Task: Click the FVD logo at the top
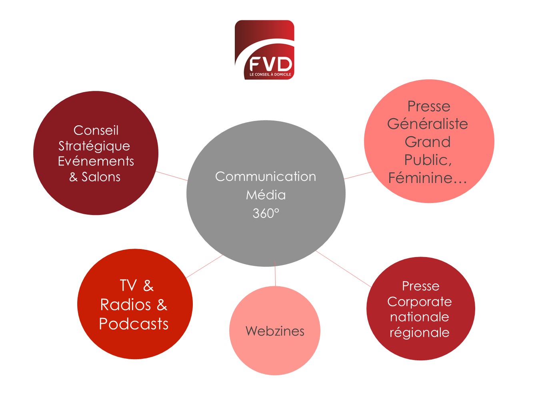264,50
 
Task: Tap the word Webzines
275,331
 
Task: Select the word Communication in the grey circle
266,177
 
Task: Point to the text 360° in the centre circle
266,213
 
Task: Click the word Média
266,195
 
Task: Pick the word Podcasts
134,324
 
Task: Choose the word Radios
125,305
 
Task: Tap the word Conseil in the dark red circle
96,131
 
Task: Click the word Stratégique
94,146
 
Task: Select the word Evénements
96,161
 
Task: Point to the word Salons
101,177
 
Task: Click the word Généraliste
427,124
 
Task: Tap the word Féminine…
427,178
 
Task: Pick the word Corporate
419,301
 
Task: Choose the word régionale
419,333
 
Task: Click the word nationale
419,317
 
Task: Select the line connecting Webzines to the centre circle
275,276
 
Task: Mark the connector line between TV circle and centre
204,266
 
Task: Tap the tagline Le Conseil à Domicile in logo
270,74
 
